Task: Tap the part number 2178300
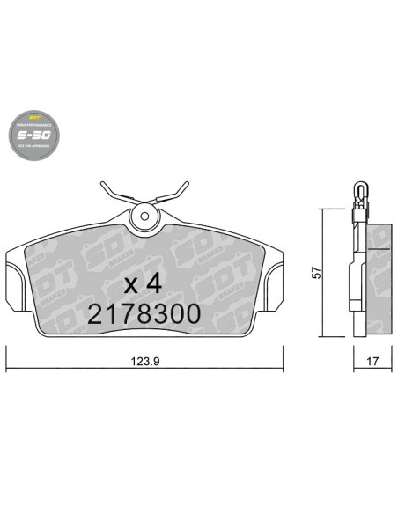click(x=144, y=313)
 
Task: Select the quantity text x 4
click(x=144, y=283)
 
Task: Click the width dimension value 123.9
click(x=144, y=361)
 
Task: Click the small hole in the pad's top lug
click(x=144, y=215)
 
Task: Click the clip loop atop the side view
click(x=359, y=192)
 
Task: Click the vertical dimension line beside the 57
click(x=324, y=272)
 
